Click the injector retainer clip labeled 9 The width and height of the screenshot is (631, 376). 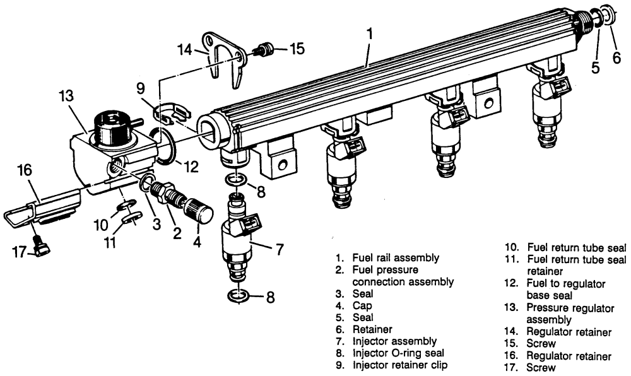point(170,113)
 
